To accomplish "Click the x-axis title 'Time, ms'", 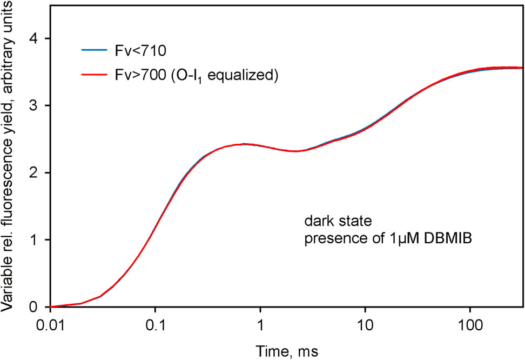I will coord(287,351).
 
